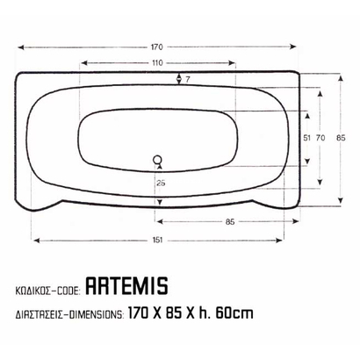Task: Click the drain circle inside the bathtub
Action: pyautogui.click(x=158, y=160)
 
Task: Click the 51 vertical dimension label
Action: pyautogui.click(x=306, y=138)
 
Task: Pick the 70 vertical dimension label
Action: pyautogui.click(x=321, y=138)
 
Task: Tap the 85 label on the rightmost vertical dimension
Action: pyautogui.click(x=341, y=138)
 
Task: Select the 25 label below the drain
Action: pyautogui.click(x=160, y=183)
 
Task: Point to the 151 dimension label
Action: pyautogui.click(x=156, y=239)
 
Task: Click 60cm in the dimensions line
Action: pyautogui.click(x=235, y=311)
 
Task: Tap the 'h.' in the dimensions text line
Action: pyautogui.click(x=209, y=311)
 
